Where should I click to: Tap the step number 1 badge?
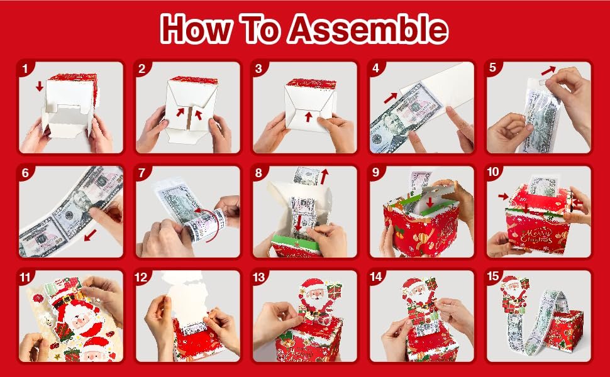(25, 68)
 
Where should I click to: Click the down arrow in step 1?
(40, 85)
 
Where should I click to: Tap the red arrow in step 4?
(391, 96)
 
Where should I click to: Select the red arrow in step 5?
(550, 69)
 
